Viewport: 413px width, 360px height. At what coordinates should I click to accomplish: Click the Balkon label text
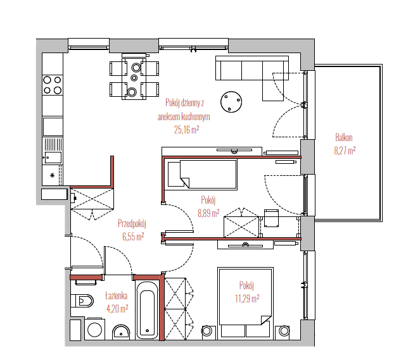(344, 137)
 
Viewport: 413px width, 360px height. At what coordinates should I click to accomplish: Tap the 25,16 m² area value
(186, 130)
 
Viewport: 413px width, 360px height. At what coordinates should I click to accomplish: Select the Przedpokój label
(132, 224)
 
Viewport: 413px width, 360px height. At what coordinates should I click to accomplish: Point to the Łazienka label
(116, 295)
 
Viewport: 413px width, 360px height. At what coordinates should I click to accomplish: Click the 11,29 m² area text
(247, 299)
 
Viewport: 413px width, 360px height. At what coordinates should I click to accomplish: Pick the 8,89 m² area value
(208, 213)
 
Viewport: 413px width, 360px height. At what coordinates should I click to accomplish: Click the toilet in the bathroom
(82, 301)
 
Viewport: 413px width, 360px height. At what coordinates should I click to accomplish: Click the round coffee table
(231, 102)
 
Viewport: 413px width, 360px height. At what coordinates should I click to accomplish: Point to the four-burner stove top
(53, 85)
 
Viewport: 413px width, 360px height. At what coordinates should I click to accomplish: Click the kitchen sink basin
(53, 158)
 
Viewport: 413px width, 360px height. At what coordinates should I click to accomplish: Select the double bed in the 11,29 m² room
(245, 302)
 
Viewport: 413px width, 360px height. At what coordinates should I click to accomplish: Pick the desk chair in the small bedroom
(271, 218)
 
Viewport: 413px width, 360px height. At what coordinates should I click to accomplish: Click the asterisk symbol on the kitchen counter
(53, 175)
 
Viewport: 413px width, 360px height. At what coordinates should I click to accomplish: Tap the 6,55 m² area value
(133, 237)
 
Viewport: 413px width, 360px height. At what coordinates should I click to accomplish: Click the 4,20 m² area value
(117, 308)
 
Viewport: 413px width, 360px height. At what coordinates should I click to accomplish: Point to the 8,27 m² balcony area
(345, 151)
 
